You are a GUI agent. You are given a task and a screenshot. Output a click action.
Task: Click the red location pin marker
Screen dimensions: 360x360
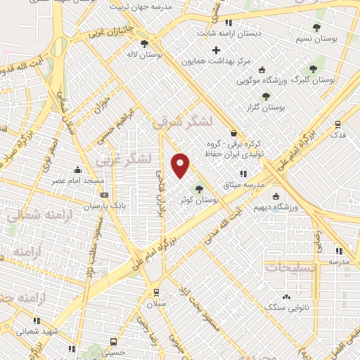(181, 165)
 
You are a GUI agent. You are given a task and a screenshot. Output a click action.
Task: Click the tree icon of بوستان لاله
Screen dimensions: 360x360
(144, 44)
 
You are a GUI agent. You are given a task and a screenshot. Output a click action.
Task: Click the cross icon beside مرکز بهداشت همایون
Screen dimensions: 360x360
(216, 50)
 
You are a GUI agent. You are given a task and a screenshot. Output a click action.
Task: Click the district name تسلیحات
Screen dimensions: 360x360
(290, 267)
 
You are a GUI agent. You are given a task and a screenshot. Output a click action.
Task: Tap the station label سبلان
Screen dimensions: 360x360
(155, 304)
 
